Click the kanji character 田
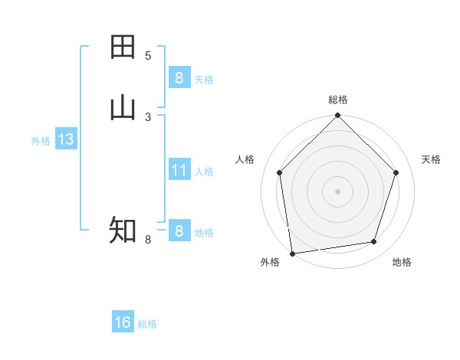pos(123,47)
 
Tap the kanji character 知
pos(123,230)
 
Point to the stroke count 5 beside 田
pos(148,55)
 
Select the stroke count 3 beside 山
pos(148,116)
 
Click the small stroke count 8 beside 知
pos(148,240)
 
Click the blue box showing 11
pos(179,170)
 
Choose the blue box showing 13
pos(65,139)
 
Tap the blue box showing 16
pos(123,322)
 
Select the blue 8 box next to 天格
pos(179,77)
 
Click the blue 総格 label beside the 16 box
pos(147,324)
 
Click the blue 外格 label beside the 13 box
pos(41,141)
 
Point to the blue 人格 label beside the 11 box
pos(204,172)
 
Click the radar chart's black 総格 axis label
pos(338,100)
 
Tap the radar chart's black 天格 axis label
pos(432,159)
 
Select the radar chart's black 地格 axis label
pos(402,262)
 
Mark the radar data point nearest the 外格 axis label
pos(292,253)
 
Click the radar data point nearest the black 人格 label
pos(279,172)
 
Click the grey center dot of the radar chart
pos(337,191)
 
